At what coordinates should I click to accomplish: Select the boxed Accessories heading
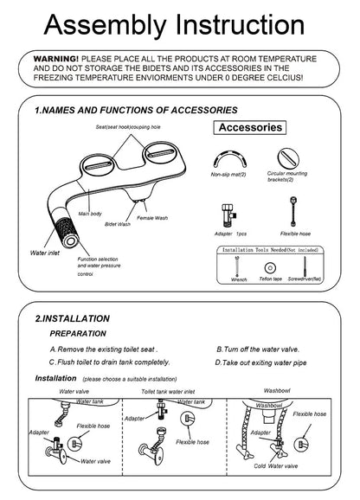pos(250,128)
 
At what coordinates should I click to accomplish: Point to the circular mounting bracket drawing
pos(292,157)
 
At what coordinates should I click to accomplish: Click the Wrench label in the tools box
pos(240,280)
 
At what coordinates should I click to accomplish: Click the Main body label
pos(91,212)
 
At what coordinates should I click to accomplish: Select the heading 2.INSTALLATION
pos(73,318)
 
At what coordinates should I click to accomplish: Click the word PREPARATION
pos(78,332)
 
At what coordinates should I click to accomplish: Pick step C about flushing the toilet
pos(109,362)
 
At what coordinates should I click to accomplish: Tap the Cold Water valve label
pos(277,466)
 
